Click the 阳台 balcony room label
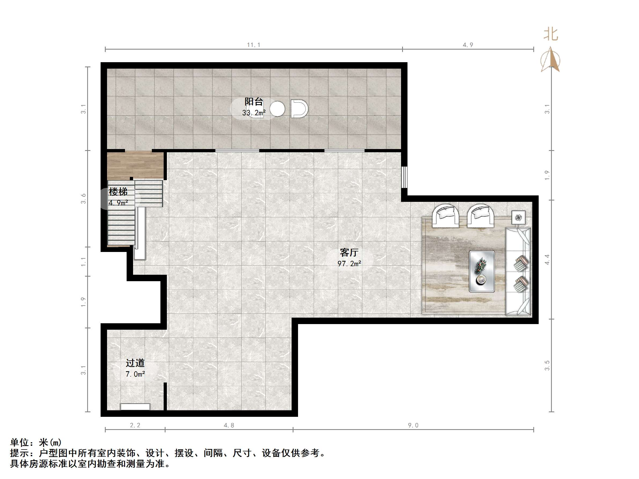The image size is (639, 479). point(254,102)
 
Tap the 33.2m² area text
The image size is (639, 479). point(254,113)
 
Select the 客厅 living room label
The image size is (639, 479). point(349,253)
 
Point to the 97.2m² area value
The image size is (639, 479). point(349,263)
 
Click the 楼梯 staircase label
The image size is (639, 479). point(118,192)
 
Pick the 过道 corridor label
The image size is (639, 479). point(135,363)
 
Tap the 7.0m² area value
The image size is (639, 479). point(135,374)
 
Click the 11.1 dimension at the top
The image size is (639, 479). point(254,45)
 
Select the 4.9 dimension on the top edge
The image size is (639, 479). point(468,45)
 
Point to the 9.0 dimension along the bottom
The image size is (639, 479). point(413,425)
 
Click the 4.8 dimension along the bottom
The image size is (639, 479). point(229,425)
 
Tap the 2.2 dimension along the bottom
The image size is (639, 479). point(135,425)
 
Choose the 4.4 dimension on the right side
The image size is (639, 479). point(547,259)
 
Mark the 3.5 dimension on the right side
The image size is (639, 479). point(547,365)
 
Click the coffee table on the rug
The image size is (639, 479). point(482,272)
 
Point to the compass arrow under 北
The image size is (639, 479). point(550,61)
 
